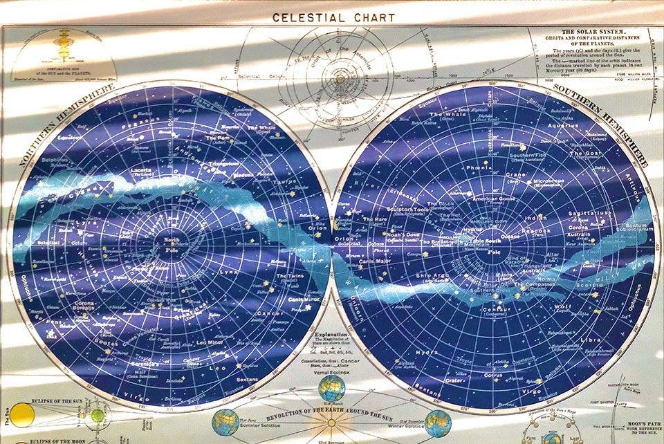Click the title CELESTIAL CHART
click(333, 17)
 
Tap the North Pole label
click(171, 244)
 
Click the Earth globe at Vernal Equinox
click(331, 388)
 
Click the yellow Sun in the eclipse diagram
click(21, 415)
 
